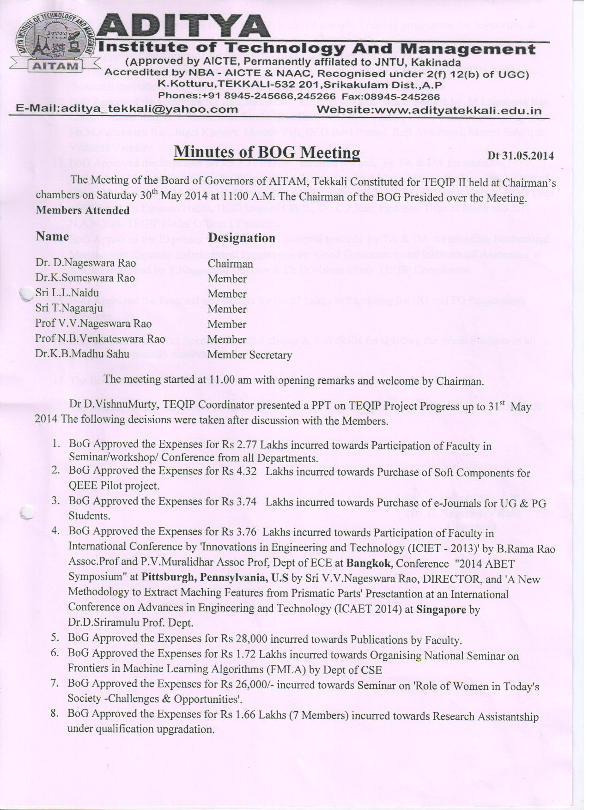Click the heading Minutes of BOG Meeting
point(267,152)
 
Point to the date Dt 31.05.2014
point(521,156)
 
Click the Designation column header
point(242,238)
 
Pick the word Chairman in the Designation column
point(230,263)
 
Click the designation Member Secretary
point(249,355)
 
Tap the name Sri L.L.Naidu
point(67,293)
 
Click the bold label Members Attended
point(83,211)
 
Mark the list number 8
point(55,713)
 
